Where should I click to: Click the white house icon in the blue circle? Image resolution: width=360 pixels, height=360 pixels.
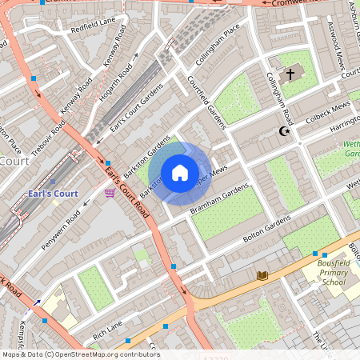180,172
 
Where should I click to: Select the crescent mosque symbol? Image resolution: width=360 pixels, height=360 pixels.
282,131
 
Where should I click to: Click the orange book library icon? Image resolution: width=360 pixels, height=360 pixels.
262,275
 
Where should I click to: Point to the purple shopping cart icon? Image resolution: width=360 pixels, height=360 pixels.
110,193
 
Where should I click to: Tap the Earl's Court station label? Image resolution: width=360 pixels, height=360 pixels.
53,194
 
